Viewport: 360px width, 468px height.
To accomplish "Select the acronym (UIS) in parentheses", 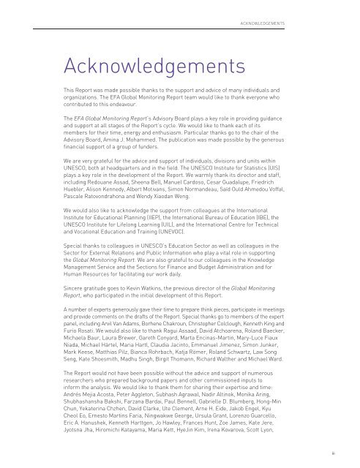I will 295,186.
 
